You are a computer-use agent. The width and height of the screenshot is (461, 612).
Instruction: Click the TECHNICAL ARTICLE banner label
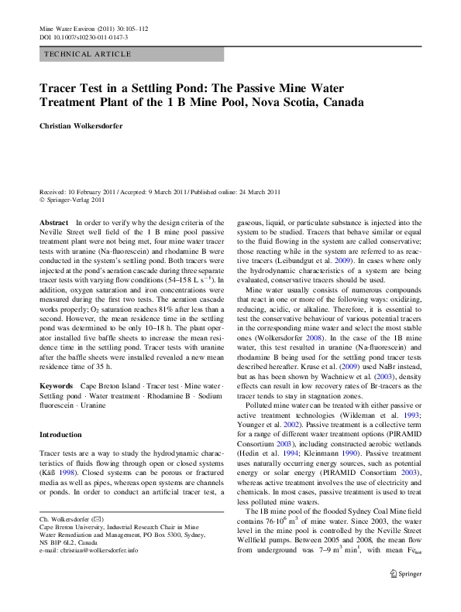click(88, 54)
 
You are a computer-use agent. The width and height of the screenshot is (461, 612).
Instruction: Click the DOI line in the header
click(84, 36)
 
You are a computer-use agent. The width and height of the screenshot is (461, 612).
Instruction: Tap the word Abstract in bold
click(53, 222)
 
